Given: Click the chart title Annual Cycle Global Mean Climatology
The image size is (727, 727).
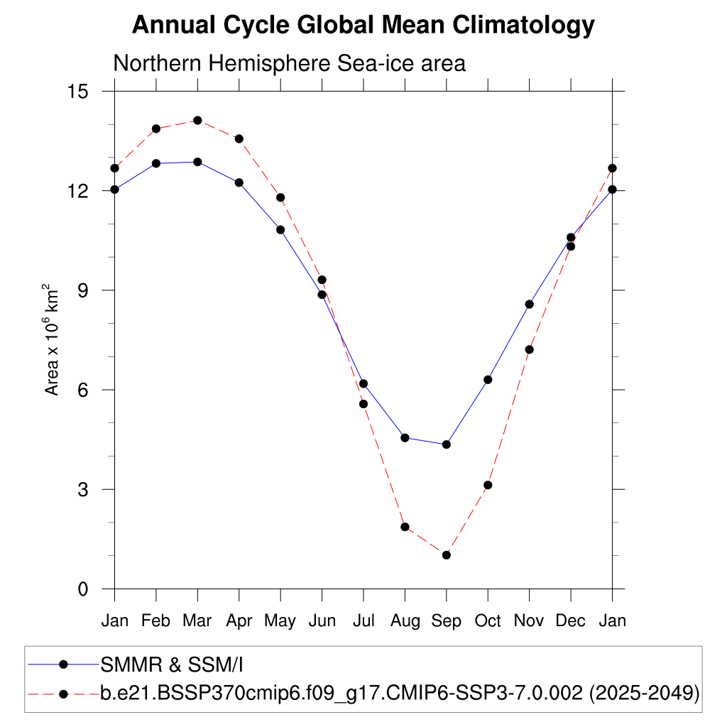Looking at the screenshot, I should (x=363, y=26).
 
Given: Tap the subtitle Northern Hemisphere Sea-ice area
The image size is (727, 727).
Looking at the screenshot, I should (x=289, y=63).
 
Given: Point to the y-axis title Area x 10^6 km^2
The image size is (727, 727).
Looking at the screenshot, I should (x=53, y=339).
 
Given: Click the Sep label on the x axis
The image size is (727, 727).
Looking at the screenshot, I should (x=446, y=621).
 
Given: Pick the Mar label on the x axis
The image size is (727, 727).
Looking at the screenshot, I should (x=197, y=621).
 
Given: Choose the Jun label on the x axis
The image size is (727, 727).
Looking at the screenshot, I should (x=322, y=621).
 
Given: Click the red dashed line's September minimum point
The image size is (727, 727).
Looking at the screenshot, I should (x=447, y=554).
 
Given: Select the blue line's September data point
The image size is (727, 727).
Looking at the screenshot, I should (x=447, y=444).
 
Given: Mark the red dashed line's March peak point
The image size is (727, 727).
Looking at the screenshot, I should (x=197, y=121).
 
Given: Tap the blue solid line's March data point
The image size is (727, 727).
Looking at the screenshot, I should (x=197, y=162).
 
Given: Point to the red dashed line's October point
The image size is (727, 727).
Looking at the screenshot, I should (x=488, y=485).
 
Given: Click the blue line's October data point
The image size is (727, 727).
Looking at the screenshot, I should (x=488, y=380).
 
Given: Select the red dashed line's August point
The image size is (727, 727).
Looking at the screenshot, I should (x=405, y=527).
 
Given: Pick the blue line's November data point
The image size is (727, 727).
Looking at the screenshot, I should (x=529, y=304).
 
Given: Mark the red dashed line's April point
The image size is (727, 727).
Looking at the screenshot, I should (x=239, y=138).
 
